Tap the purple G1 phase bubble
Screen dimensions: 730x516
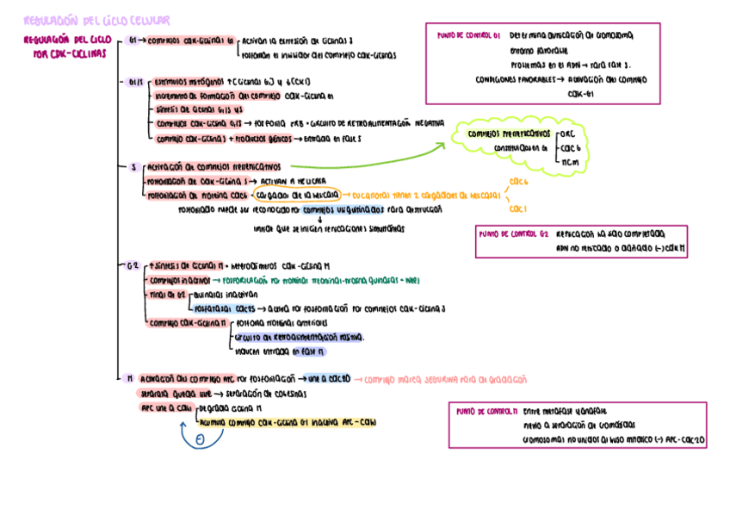132,40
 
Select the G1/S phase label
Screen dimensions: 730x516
136,83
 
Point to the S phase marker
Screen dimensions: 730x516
134,167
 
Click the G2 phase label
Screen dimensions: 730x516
133,266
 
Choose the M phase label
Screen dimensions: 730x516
129,378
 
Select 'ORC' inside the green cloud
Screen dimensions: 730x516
568,134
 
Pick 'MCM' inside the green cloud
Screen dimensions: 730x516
569,162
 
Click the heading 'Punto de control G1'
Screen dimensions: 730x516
468,36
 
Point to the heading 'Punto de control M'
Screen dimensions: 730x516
486,412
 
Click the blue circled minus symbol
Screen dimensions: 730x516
199,440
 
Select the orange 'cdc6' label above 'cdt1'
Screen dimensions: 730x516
518,182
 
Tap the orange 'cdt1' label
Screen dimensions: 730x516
517,209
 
